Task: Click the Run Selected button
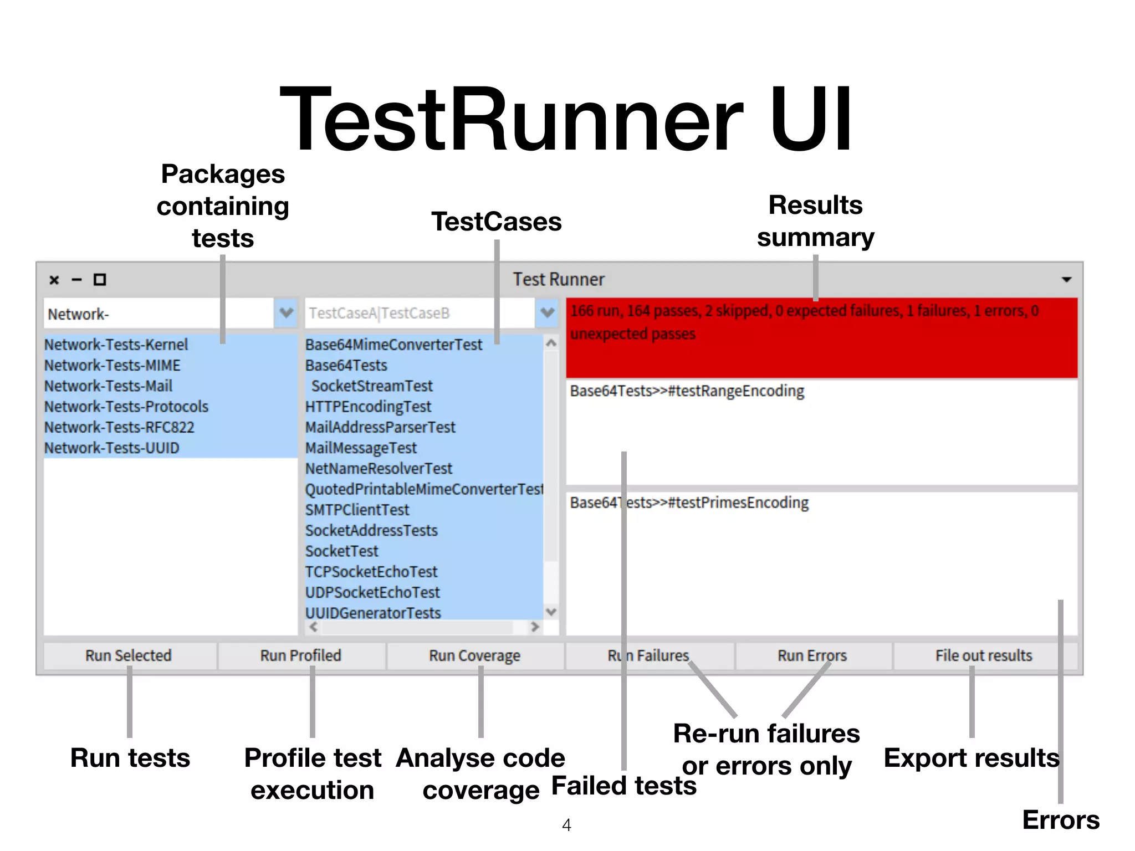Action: (129, 655)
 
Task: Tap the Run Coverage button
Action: (474, 655)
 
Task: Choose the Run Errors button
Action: (812, 655)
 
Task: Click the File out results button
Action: (984, 655)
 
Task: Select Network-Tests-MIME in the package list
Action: (113, 366)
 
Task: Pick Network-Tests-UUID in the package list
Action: (112, 448)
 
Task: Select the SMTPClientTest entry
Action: (357, 510)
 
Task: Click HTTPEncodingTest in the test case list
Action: (368, 407)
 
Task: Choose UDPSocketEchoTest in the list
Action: (372, 592)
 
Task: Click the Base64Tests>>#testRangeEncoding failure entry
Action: (687, 391)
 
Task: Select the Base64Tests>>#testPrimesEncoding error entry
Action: (689, 503)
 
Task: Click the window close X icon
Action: (54, 280)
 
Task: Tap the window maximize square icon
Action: (100, 280)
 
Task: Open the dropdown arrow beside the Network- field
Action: (286, 312)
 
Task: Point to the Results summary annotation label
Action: (815, 221)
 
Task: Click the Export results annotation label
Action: (971, 758)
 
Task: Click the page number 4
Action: (566, 825)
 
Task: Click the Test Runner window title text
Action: (558, 280)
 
